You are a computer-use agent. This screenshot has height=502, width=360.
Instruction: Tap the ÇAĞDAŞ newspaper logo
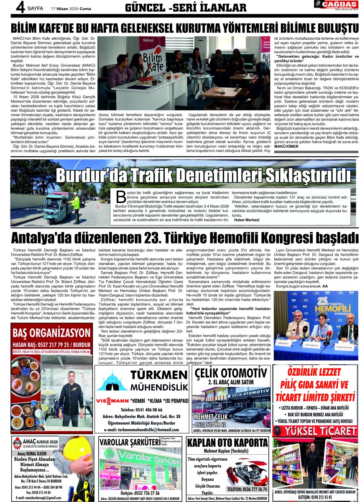[337, 5]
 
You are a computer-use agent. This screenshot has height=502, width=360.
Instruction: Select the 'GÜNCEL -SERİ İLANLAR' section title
[186, 8]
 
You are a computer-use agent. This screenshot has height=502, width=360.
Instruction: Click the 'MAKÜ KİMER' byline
[286, 146]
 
